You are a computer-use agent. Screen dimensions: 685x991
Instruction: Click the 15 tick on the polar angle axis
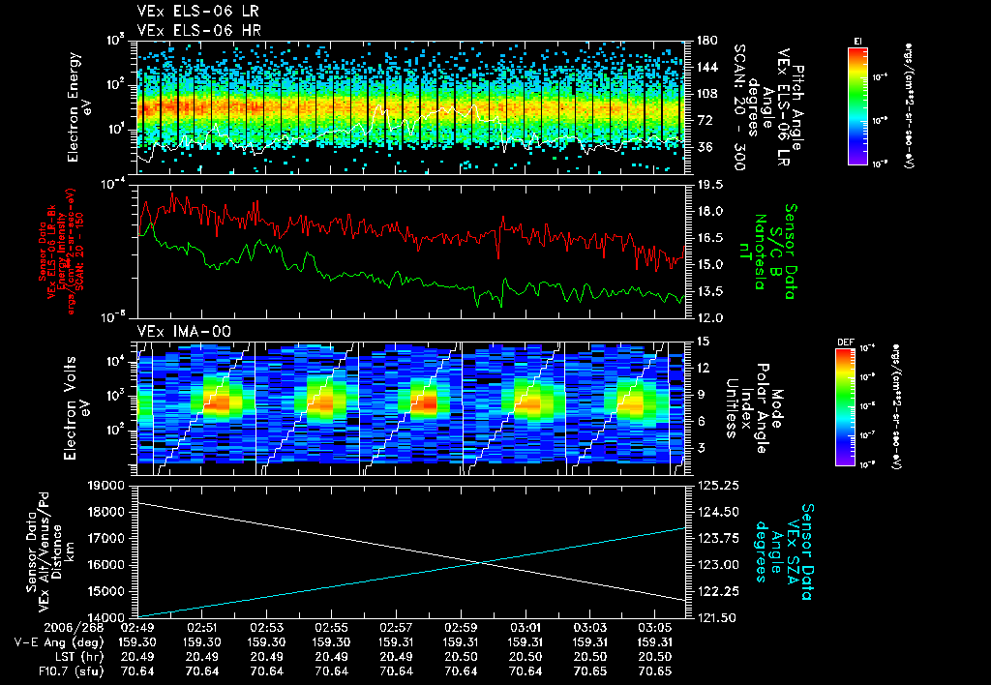coord(702,342)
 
